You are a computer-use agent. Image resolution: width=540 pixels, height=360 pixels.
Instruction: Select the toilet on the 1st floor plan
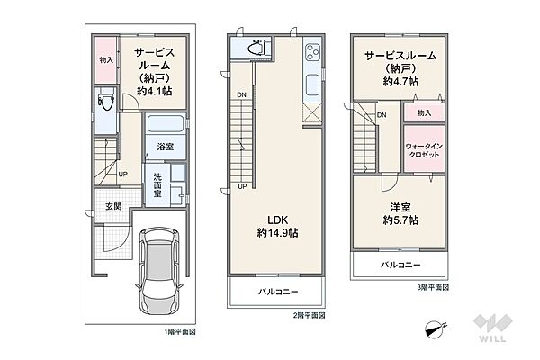[106, 99]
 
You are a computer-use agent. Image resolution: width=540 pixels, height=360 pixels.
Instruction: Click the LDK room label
[277, 226]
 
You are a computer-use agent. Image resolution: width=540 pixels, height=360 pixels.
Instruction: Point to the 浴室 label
[166, 147]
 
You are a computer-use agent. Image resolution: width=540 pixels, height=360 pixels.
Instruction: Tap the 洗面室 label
[157, 185]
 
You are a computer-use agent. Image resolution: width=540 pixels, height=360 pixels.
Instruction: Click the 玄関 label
[113, 207]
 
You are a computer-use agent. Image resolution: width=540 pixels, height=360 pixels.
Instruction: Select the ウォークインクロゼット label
[424, 150]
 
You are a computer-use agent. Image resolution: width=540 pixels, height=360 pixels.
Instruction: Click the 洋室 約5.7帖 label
[400, 214]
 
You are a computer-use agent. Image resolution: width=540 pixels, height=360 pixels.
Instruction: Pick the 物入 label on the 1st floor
[106, 60]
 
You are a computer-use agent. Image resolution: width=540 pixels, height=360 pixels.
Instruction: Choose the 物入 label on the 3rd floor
[424, 112]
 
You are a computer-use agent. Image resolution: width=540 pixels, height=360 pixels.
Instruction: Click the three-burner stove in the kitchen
[312, 52]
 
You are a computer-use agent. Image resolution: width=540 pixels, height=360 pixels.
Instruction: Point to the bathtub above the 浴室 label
[166, 123]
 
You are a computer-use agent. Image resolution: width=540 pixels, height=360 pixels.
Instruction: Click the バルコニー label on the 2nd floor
[278, 292]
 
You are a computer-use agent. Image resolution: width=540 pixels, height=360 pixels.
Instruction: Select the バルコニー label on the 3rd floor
[400, 265]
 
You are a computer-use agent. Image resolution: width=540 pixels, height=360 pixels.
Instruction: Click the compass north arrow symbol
[435, 329]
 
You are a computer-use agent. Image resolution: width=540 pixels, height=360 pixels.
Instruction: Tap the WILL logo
[492, 328]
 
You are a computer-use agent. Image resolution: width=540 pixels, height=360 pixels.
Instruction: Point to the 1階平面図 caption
[180, 332]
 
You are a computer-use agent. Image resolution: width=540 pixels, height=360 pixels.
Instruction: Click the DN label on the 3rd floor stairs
[382, 115]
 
